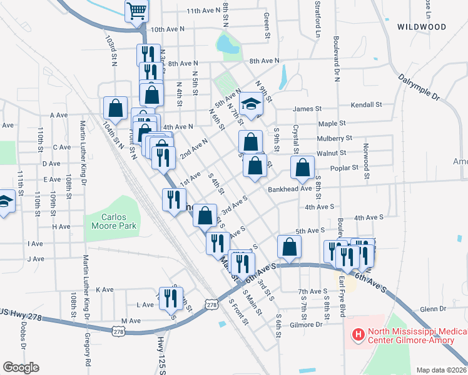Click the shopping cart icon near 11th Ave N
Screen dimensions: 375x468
(136, 11)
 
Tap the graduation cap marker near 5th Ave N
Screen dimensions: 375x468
(251, 103)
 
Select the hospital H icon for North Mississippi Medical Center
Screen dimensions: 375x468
(359, 336)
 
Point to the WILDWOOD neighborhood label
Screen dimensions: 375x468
(422, 27)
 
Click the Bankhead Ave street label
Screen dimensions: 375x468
(289, 189)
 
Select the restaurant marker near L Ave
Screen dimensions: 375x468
(168, 297)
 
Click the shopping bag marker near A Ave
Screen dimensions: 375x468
(116, 107)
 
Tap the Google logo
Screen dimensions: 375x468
(21, 367)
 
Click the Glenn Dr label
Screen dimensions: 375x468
(433, 309)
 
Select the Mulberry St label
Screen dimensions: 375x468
(335, 137)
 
